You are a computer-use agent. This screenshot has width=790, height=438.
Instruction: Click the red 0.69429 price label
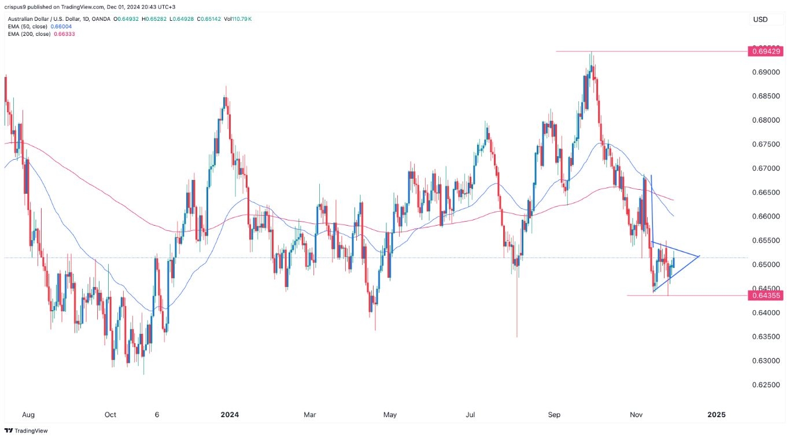(x=767, y=51)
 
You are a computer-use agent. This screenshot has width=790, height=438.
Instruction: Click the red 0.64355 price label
(x=767, y=296)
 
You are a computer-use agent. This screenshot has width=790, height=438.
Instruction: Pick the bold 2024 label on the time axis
(x=230, y=414)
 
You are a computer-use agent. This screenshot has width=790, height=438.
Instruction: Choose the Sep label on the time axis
(x=555, y=414)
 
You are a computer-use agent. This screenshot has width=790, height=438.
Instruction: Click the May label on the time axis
(x=390, y=414)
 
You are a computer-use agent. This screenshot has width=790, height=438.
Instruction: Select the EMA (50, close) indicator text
(x=25, y=27)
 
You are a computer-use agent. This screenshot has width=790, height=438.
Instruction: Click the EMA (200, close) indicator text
(x=27, y=34)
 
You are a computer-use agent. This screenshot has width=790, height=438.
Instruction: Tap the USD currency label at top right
(x=760, y=20)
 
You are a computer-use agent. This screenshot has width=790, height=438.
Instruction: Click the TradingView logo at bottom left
(x=27, y=430)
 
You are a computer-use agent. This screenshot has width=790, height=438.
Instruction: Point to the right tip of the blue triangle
(x=700, y=256)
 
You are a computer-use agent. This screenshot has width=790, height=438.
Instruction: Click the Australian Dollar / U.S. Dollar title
(x=47, y=19)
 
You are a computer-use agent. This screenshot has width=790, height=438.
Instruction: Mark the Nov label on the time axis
(x=637, y=414)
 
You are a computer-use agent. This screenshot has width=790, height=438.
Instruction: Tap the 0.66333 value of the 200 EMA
(x=65, y=34)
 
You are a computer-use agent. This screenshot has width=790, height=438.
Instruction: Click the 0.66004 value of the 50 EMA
(x=62, y=27)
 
